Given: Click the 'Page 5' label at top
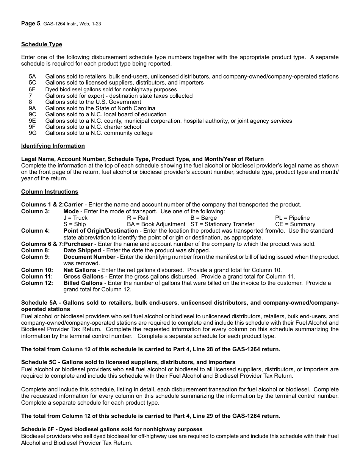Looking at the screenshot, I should point(30,23).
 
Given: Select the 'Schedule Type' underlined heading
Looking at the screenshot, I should point(41,44).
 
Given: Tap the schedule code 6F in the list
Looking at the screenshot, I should point(32,89).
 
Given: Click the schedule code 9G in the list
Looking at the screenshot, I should point(33,133).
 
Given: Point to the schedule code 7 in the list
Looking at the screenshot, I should point(30,96).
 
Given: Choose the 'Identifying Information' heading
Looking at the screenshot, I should point(53,146).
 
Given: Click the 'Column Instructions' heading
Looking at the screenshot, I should point(50,192).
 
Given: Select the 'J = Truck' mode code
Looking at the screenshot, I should point(75,218).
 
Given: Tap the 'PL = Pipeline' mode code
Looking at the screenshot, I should point(292,218).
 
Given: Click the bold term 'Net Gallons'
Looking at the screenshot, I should point(80,270).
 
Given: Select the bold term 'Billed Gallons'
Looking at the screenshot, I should point(83,283).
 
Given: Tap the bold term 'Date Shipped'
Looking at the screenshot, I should point(82,250).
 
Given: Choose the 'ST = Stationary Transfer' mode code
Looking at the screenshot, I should point(222,224).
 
